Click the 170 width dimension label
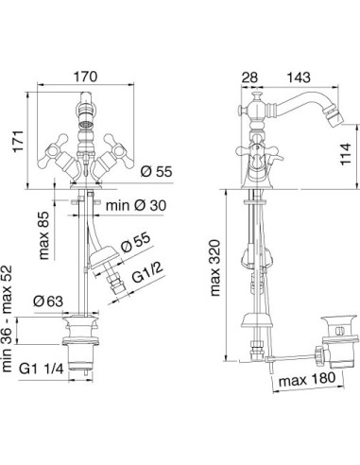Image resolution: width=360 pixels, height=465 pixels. (x=85, y=77)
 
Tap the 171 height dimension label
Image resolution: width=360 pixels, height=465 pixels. (x=19, y=141)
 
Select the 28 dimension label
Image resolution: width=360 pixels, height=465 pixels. (x=249, y=77)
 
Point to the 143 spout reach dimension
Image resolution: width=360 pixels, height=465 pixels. (x=299, y=77)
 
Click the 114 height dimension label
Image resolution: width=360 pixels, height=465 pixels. (x=345, y=154)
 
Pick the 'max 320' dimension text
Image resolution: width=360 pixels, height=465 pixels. (x=215, y=267)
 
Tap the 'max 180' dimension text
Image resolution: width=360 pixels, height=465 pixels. (x=307, y=379)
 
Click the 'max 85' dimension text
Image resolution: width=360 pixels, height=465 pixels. (x=44, y=235)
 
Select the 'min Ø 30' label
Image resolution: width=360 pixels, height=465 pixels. (x=136, y=206)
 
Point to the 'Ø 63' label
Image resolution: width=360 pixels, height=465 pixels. (x=48, y=301)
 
